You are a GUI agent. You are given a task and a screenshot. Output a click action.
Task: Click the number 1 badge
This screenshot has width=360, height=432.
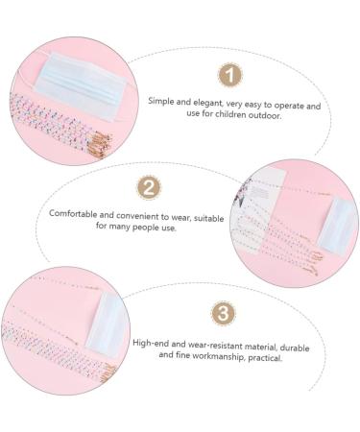click(x=229, y=75)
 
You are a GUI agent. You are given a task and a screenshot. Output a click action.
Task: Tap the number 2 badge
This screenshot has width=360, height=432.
click(x=149, y=188)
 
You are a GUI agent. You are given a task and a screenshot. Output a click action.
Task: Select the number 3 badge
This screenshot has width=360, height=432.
click(x=223, y=313)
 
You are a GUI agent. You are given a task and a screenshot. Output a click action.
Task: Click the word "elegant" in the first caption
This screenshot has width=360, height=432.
click(x=207, y=103)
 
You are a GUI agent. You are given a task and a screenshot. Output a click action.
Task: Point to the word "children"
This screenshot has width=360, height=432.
click(x=230, y=114)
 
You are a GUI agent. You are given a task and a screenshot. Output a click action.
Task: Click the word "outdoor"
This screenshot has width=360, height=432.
click(x=265, y=115)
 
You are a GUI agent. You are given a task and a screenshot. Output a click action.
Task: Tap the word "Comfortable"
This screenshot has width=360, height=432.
click(x=73, y=213)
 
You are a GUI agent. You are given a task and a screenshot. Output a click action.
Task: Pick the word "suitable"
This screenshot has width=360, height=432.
click(x=208, y=218)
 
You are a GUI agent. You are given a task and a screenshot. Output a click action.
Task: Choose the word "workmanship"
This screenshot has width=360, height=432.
click(x=215, y=356)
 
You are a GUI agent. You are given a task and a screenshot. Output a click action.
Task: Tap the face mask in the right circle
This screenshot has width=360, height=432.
click(x=337, y=226)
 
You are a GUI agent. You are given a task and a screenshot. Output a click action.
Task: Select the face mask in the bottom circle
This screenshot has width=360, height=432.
click(x=108, y=324)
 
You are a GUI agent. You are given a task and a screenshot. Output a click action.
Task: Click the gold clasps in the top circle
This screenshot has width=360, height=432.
click(x=102, y=145)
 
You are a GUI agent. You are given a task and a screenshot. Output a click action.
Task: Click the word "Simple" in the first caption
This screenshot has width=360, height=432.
click(x=161, y=101)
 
